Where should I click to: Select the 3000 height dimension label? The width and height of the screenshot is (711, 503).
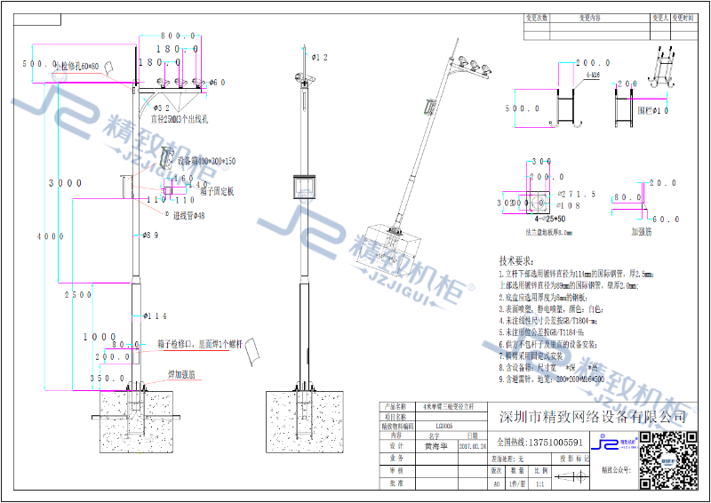66,183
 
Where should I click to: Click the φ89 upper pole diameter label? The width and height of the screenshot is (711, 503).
150,236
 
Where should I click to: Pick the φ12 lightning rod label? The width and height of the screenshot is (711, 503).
320,57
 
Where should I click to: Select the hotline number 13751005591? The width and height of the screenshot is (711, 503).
551,442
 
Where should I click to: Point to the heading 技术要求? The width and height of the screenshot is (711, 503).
519,262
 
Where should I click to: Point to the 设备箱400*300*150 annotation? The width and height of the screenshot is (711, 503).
206,161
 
